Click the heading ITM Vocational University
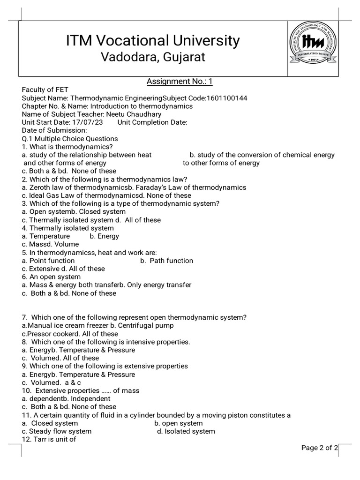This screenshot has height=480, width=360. pyautogui.click(x=153, y=41)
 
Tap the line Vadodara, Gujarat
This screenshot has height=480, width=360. pyautogui.click(x=153, y=58)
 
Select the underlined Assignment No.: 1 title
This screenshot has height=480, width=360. pyautogui.click(x=180, y=82)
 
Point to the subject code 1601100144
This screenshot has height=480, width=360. pyautogui.click(x=226, y=98)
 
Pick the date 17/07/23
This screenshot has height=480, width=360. pyautogui.click(x=87, y=122)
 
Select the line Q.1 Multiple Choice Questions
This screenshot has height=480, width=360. pyautogui.click(x=70, y=139)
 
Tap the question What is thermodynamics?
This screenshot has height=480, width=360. pyautogui.click(x=67, y=147)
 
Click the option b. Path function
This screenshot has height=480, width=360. pyautogui.click(x=166, y=261)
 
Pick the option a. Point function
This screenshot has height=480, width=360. pyautogui.click(x=48, y=261)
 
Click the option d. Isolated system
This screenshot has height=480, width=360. pyautogui.click(x=186, y=431)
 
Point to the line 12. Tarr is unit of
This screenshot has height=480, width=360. pyautogui.click(x=49, y=439)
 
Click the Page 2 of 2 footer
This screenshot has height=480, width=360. pyautogui.click(x=319, y=448)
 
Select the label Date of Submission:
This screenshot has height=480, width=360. pyautogui.click(x=54, y=130)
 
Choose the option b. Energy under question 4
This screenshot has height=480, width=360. pyautogui.click(x=104, y=236)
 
